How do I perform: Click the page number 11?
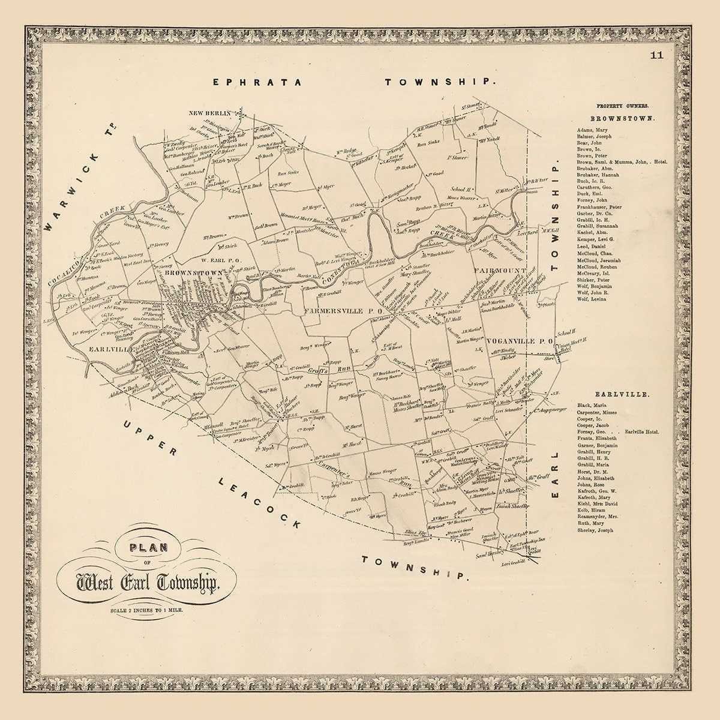pos(655,56)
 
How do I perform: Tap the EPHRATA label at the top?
pos(257,82)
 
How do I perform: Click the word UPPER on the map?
pos(148,440)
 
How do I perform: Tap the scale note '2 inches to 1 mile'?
pos(142,610)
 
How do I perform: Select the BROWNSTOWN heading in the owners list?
pos(622,118)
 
